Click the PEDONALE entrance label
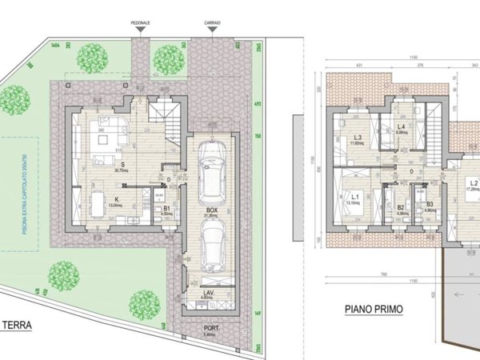(x=142, y=24)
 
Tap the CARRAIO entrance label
(x=212, y=24)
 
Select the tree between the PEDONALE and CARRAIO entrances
(x=168, y=58)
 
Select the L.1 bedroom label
(x=353, y=198)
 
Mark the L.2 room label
(x=473, y=183)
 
